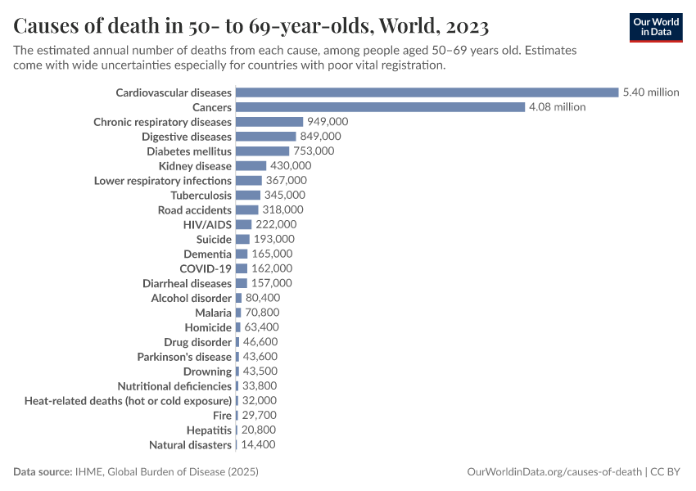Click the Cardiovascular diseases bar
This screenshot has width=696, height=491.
click(427, 92)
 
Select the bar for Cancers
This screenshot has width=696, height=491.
click(380, 107)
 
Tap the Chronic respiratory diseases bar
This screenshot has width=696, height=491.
click(269, 122)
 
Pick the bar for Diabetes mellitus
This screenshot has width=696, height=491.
click(262, 151)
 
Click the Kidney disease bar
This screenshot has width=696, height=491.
click(251, 166)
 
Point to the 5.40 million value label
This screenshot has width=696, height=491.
click(651, 92)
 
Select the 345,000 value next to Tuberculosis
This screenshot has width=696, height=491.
click(284, 195)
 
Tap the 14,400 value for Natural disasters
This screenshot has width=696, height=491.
click(258, 444)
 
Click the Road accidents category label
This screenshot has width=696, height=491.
click(195, 209)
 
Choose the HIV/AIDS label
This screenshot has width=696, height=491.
click(207, 224)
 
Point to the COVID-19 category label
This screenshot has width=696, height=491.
click(206, 268)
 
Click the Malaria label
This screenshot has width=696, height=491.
click(213, 313)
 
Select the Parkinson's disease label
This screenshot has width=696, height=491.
click(184, 357)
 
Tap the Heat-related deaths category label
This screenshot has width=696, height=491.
click(128, 401)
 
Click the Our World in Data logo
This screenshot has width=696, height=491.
click(655, 27)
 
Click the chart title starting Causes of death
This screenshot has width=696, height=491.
click(251, 26)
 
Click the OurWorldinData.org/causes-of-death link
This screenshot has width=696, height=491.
click(554, 472)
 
